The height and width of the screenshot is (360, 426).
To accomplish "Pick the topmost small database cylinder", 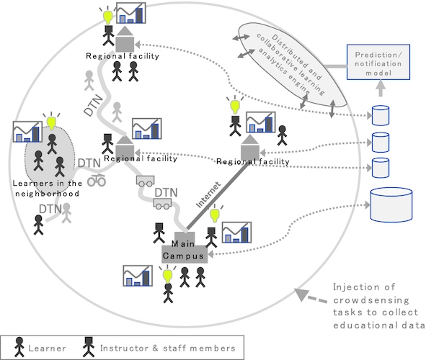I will point(379,115).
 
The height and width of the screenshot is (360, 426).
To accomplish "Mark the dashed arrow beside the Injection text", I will point(308,295).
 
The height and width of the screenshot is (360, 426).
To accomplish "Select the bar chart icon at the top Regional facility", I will point(131,14).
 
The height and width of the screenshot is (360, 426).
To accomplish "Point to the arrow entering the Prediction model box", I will point(378,88).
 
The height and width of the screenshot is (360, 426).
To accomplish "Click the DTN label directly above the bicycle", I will point(89,163).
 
